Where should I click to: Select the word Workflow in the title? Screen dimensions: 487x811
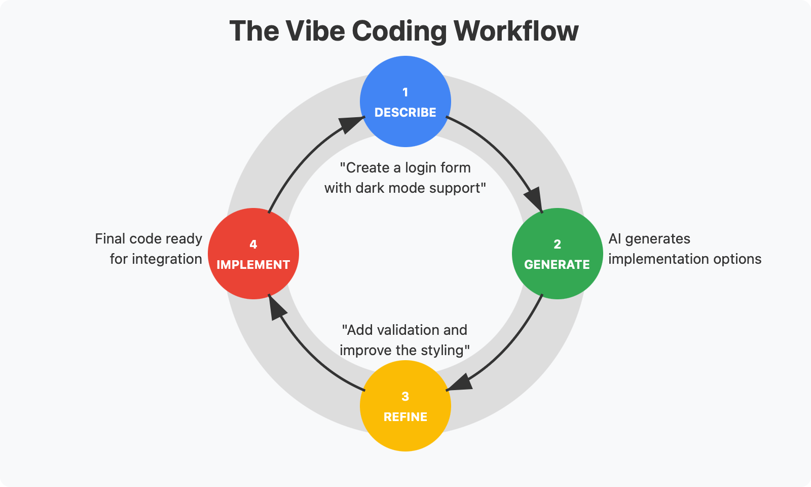tap(515, 31)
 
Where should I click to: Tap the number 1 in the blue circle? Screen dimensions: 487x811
tap(405, 92)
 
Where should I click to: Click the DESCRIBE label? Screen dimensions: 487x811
tap(405, 113)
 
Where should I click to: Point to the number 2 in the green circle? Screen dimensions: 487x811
tap(557, 244)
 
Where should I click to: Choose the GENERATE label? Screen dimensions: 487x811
tap(557, 265)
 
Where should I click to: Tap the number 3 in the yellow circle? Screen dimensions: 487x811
tap(405, 396)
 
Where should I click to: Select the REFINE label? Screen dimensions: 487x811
tap(405, 417)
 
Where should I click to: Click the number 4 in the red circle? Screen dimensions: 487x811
tap(253, 244)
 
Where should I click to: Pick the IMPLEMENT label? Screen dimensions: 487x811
tap(253, 265)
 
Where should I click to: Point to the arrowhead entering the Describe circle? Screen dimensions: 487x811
tap(351, 123)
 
